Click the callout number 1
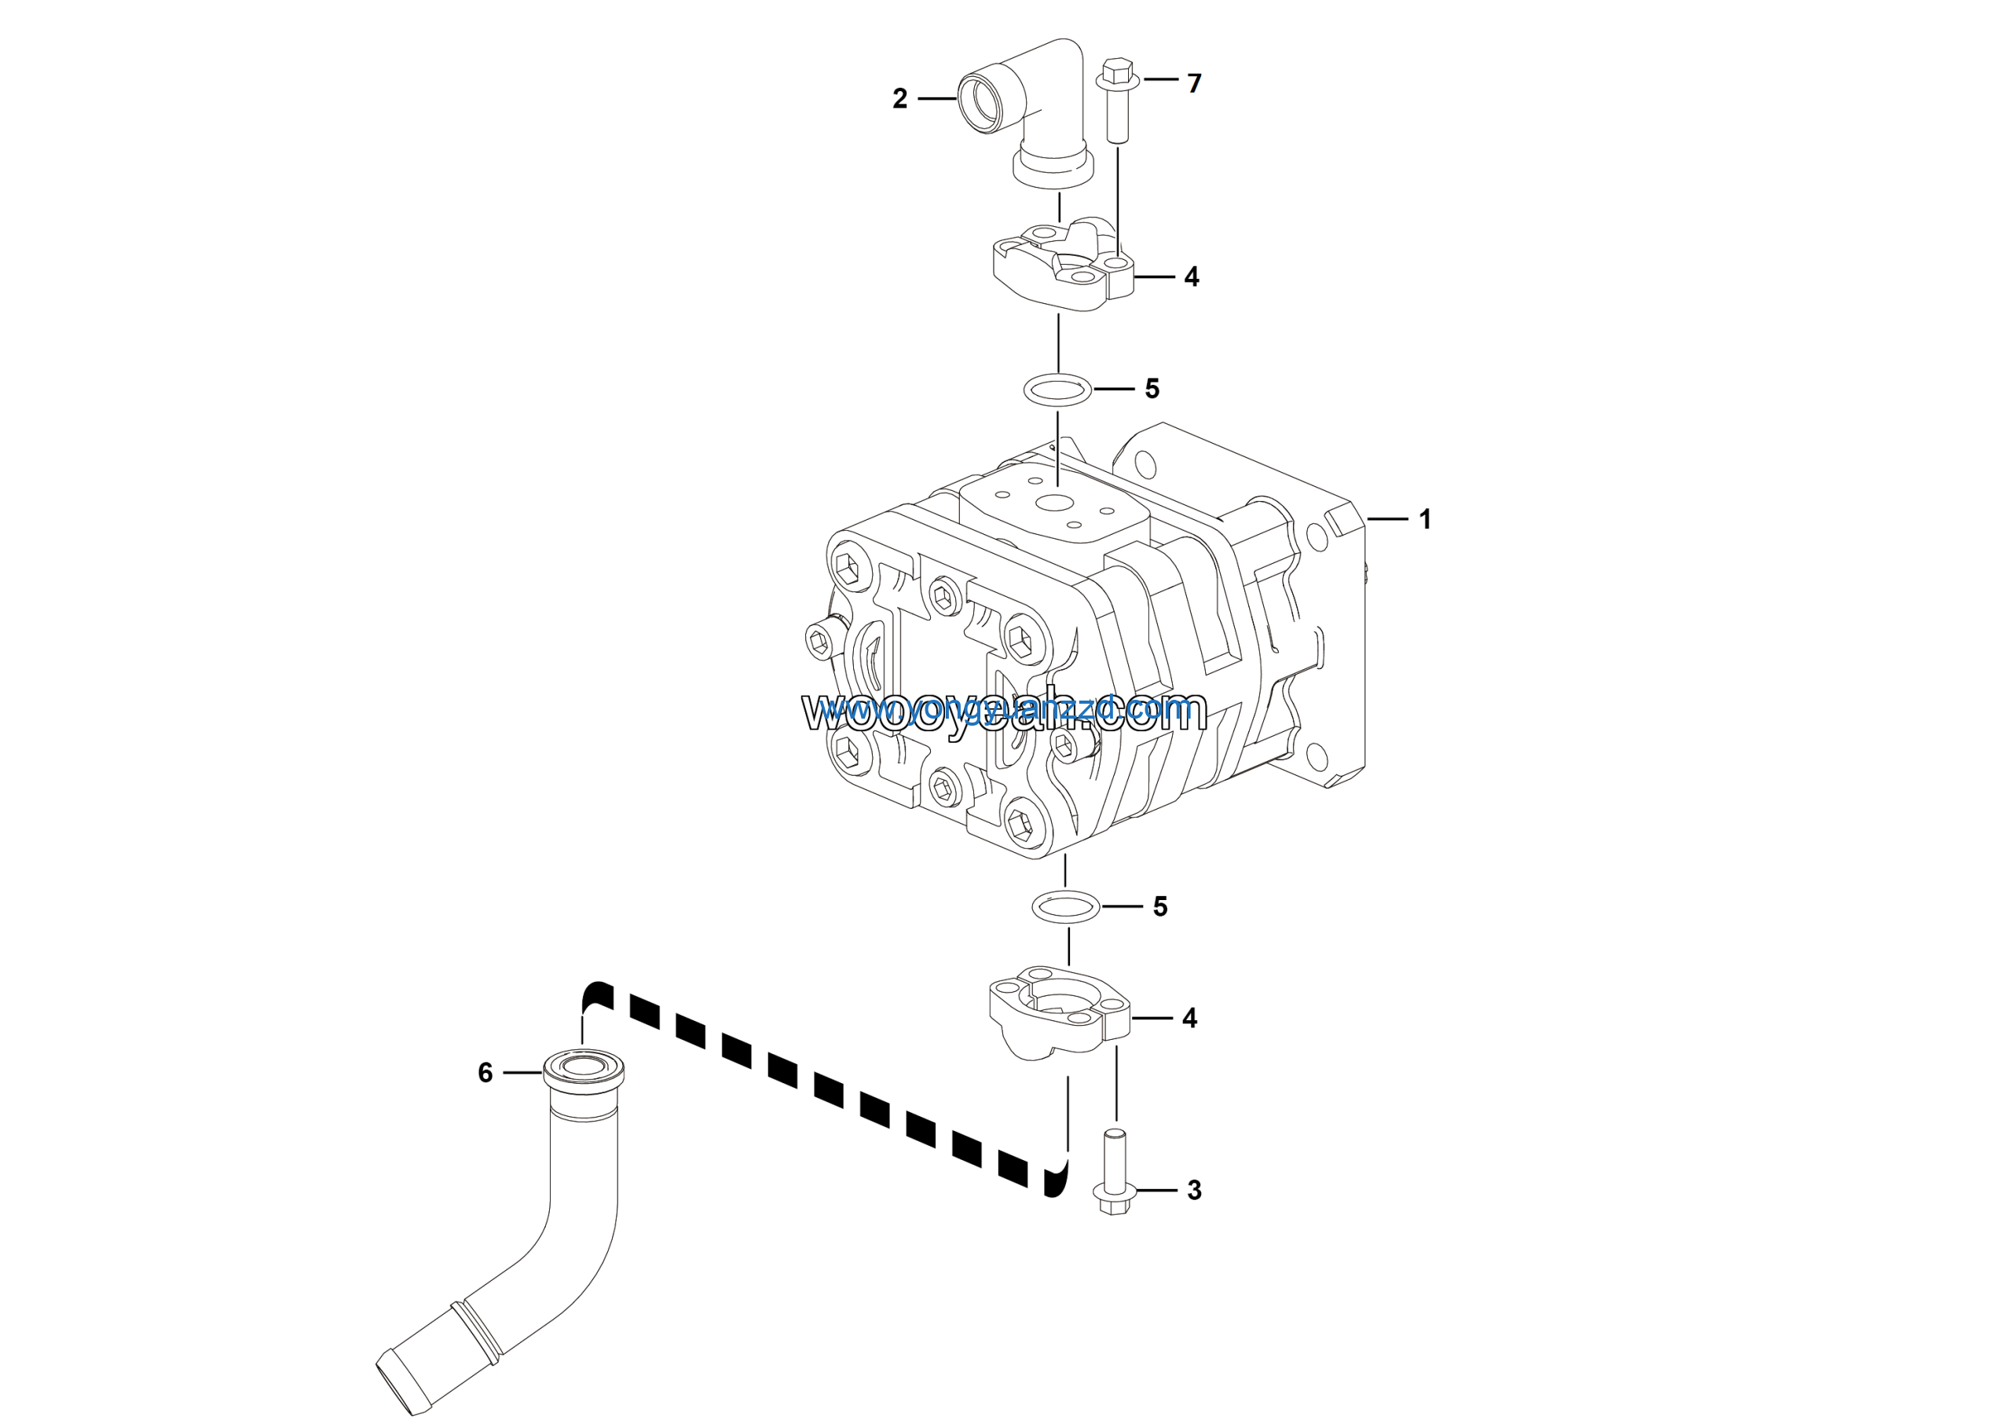(x=1425, y=519)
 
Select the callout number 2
(x=899, y=99)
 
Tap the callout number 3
(x=1194, y=1191)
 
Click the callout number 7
(x=1194, y=83)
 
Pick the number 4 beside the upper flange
(x=1191, y=276)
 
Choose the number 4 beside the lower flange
(x=1189, y=1018)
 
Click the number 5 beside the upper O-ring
(x=1152, y=389)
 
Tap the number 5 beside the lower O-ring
(x=1159, y=907)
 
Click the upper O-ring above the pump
(x=1058, y=389)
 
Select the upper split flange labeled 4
(x=1060, y=267)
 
